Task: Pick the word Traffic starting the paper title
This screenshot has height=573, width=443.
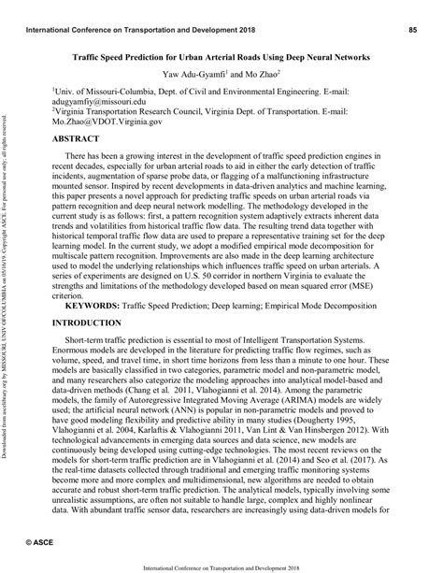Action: click(90, 56)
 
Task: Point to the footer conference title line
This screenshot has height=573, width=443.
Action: click(221, 566)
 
